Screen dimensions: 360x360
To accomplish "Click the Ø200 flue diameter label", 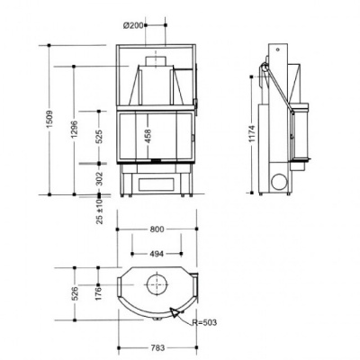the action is (x=133, y=26).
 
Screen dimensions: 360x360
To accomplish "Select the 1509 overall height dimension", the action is (x=49, y=119).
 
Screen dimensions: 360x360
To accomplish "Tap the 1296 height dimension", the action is (x=75, y=129).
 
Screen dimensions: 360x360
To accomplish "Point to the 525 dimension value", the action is (x=100, y=136).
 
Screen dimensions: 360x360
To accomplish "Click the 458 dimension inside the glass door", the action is (x=148, y=136).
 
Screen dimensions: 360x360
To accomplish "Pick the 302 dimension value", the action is (x=100, y=178).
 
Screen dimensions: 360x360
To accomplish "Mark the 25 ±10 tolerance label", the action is (x=100, y=211).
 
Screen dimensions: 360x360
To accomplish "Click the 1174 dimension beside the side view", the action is (x=251, y=133).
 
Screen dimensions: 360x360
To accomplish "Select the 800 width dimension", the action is (x=157, y=229).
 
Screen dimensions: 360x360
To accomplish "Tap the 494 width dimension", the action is (x=157, y=254).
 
